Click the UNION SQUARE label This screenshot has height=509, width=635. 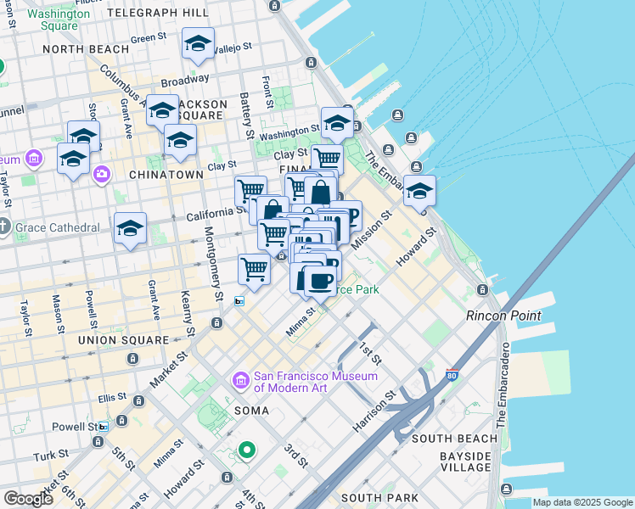coord(124,339)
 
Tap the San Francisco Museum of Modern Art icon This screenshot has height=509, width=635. coord(240,381)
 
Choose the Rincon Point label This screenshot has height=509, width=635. coord(503,316)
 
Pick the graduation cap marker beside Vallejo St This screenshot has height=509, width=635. coord(198,44)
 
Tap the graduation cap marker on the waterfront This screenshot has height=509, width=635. coord(419,192)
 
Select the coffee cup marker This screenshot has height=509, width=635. coord(318,280)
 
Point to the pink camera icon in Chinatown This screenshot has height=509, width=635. coord(102,173)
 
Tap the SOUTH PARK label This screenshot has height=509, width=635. coord(374,498)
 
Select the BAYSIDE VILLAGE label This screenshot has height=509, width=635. coord(465,461)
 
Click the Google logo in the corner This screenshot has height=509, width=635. coord(28,499)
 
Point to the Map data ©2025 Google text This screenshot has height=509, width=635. coord(582,502)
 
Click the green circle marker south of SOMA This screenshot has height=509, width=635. coord(246,450)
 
